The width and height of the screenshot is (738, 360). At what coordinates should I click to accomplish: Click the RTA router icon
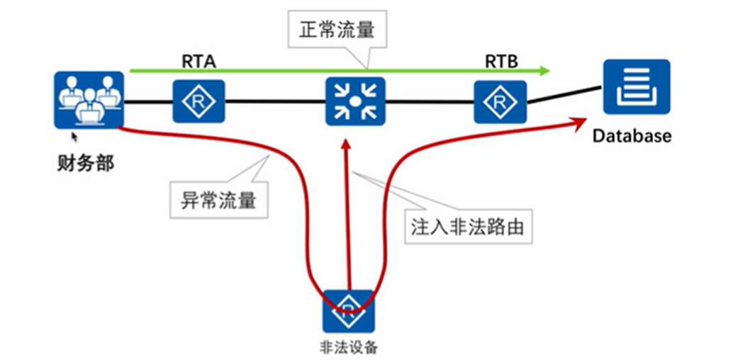pos(199,101)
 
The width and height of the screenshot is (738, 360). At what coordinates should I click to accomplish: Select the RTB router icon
pos(501,101)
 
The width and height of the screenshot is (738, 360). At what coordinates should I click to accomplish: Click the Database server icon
pos(627,86)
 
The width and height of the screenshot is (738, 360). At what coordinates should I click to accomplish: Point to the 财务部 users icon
pos(89,100)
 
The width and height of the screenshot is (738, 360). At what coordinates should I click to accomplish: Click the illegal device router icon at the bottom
pos(348,311)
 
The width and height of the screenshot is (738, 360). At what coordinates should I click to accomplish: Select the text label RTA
pos(199,62)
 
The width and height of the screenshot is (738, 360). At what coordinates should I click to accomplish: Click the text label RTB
pos(501,62)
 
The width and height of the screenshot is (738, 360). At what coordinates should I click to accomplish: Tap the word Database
pos(631,136)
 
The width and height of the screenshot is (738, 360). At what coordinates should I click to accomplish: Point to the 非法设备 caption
pos(349,347)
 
